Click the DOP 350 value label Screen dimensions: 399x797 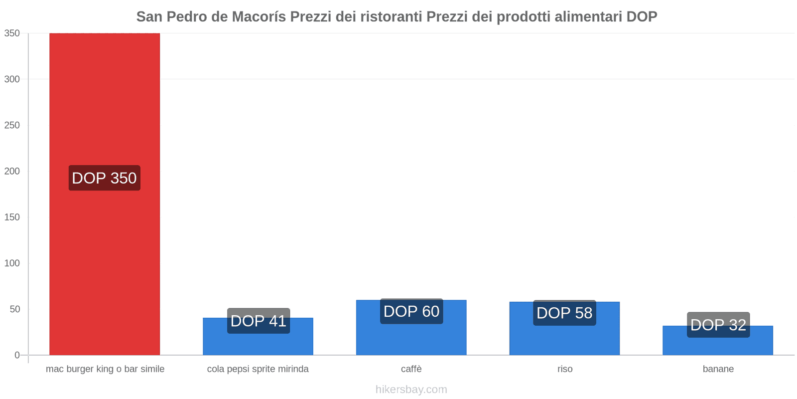coord(104,178)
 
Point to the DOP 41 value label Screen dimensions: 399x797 coord(258,321)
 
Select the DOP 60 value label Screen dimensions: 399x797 coord(411,311)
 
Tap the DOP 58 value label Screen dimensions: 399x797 coord(564,313)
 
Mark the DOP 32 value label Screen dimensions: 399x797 coord(718,325)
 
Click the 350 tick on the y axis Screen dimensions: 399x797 coord(12,33)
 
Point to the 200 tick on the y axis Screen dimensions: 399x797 coord(12,171)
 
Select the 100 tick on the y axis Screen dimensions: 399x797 coord(12,263)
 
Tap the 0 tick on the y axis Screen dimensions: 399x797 coord(17,355)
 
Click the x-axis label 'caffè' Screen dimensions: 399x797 coord(411,369)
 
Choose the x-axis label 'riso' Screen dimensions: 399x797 coord(564,369)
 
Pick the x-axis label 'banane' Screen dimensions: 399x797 coord(718,369)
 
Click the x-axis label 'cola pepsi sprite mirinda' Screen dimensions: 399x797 coord(258,369)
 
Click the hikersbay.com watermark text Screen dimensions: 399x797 coord(411,390)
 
